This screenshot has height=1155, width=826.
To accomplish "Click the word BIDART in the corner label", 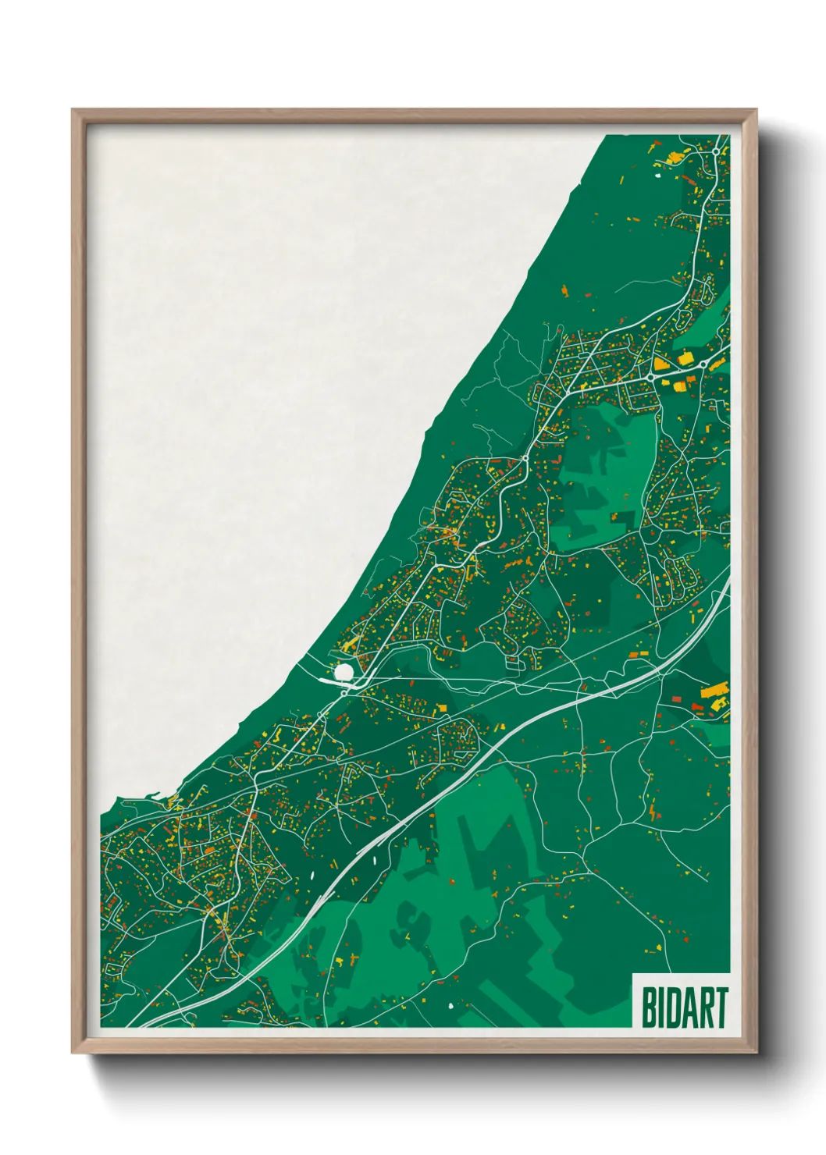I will pos(685,1008).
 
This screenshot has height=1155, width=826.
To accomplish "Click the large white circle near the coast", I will pos(344,671).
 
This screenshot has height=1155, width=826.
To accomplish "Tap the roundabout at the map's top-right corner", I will pos(715,150).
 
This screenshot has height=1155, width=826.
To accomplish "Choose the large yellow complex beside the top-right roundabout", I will pos(672,155).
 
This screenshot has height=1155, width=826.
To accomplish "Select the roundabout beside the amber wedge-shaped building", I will pos(650,377).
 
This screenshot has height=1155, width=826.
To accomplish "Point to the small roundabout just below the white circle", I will pos(344,691).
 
